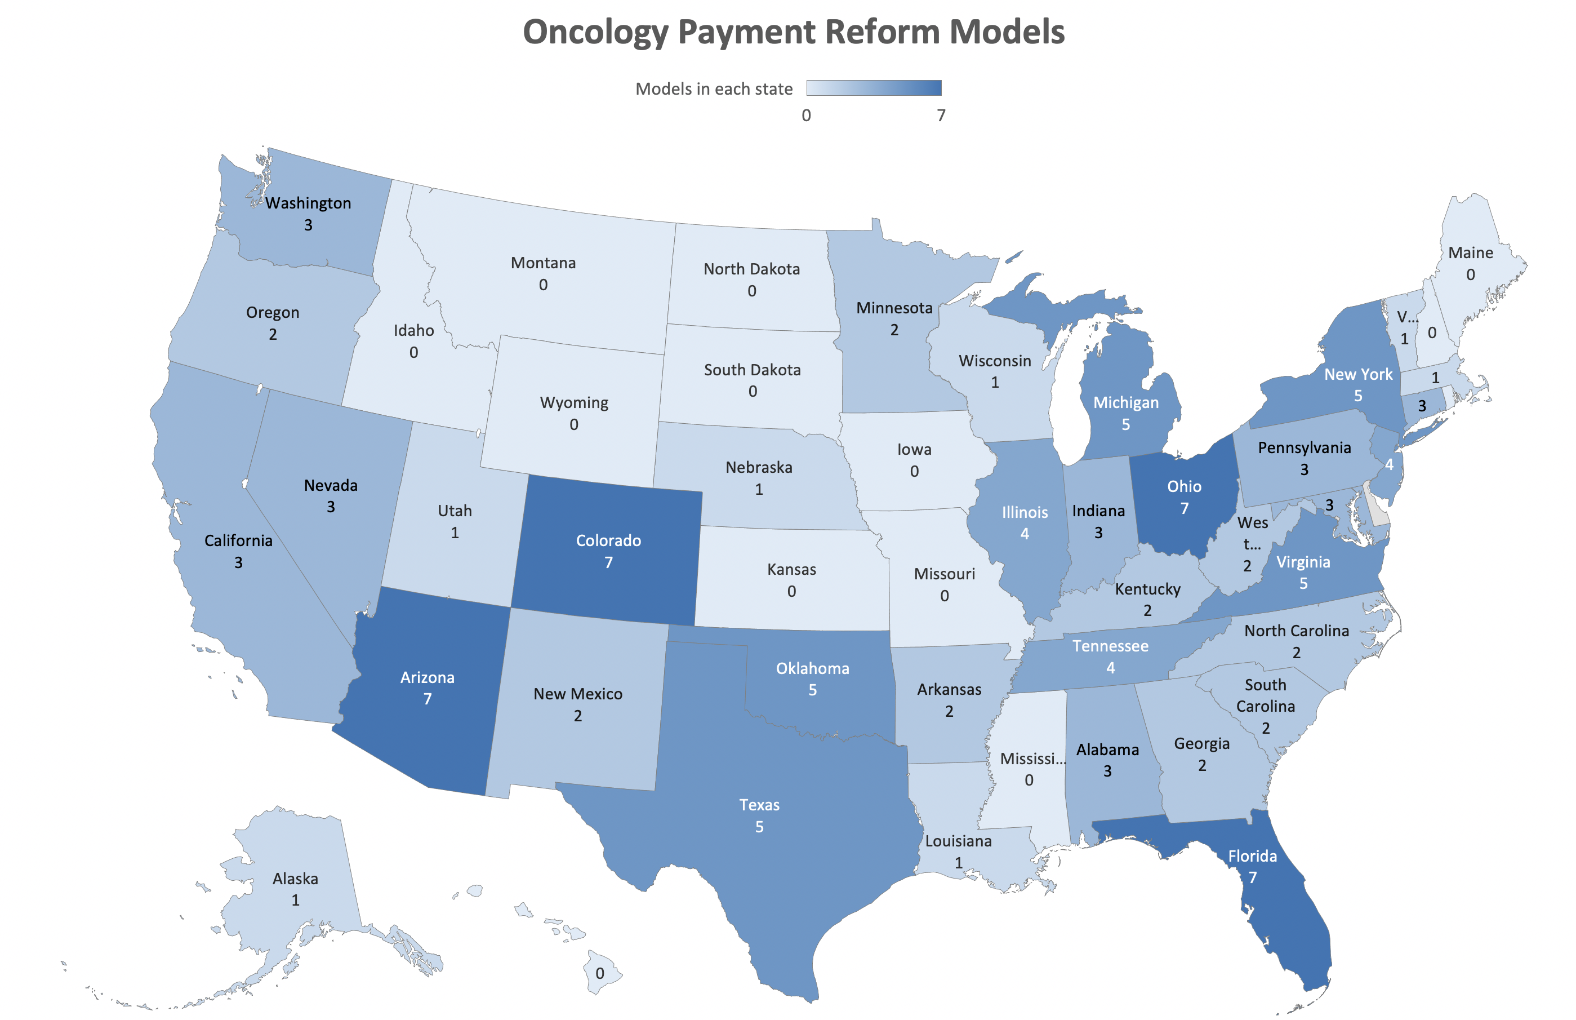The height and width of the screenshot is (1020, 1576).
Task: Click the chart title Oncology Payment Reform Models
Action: pos(793,32)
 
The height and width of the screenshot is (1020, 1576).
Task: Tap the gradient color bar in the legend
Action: pos(873,88)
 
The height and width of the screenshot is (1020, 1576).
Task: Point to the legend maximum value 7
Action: pos(941,116)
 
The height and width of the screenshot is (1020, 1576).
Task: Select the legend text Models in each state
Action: pos(713,88)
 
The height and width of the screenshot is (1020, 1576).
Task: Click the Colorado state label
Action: pos(608,540)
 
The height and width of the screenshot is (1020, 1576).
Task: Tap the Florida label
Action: pos(1252,856)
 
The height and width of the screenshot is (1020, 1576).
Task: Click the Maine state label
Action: pos(1470,253)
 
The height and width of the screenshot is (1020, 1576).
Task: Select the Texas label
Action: pos(759,805)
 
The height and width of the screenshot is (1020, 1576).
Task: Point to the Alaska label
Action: pos(295,878)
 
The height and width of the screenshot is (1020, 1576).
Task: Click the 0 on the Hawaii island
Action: pos(599,973)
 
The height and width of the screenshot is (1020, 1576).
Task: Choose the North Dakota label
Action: pos(751,269)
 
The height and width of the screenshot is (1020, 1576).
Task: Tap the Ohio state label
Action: pos(1183,486)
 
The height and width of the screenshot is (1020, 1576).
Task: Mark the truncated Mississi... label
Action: pos(1032,759)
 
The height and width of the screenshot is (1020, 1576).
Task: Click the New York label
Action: pos(1357,374)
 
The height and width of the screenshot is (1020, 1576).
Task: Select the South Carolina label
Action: pos(1265,695)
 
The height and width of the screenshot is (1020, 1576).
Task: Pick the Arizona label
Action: pos(427,677)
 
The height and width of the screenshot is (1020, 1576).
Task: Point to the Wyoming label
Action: pos(574,403)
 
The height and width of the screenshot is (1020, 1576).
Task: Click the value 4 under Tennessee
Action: pos(1110,668)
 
